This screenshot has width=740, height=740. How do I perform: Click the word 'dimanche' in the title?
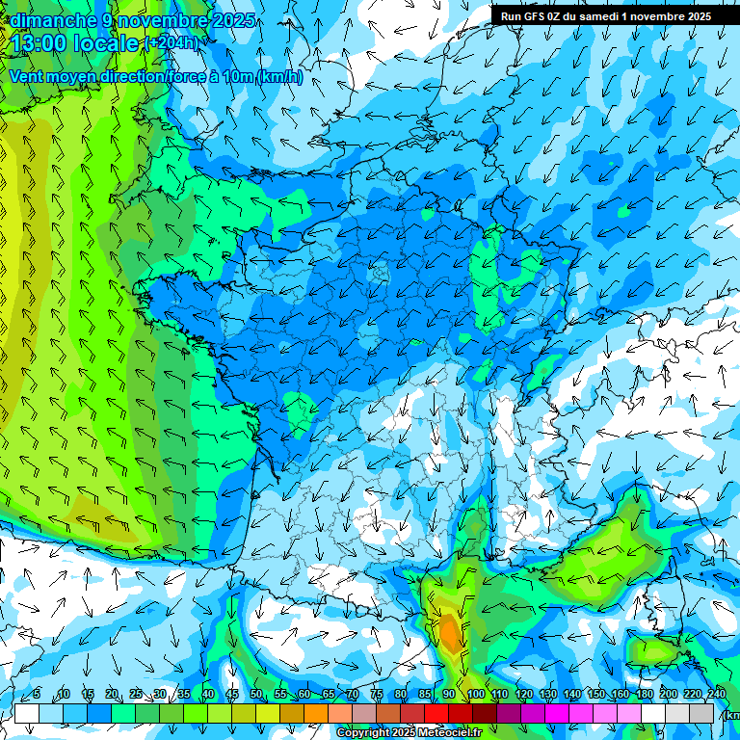click(x=47, y=19)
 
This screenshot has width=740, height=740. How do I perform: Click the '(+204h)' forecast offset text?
click(x=173, y=42)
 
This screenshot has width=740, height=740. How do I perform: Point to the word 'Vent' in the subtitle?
click(x=28, y=76)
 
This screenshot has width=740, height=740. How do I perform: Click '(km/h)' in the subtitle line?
click(x=279, y=77)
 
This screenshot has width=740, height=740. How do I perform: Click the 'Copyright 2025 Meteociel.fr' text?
click(x=408, y=733)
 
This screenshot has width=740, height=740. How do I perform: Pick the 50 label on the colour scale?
click(x=255, y=695)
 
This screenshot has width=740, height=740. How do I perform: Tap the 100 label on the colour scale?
click(x=474, y=695)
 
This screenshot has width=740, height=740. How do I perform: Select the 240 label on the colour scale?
click(x=716, y=695)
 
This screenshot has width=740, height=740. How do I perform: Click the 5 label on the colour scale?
click(x=37, y=695)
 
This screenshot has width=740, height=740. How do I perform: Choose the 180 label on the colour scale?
click(x=644, y=695)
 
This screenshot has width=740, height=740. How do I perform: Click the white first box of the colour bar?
click(x=27, y=713)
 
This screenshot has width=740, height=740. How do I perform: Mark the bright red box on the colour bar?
click(x=436, y=713)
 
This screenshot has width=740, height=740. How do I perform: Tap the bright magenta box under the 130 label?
click(x=557, y=713)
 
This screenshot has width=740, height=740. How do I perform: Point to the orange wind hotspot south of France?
click(x=449, y=631)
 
